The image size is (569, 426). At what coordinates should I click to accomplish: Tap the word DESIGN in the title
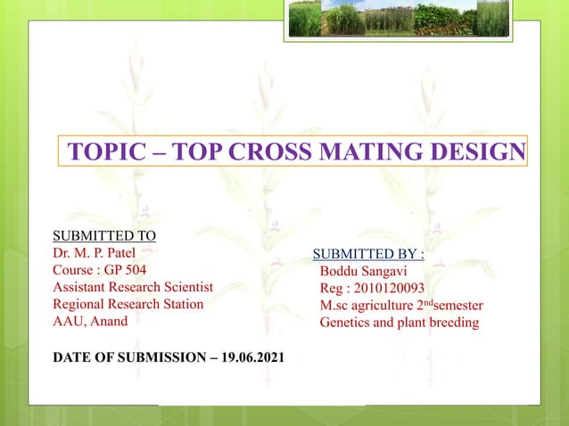point(481,152)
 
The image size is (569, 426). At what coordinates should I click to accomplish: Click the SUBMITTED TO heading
point(104,235)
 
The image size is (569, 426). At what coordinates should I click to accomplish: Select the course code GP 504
point(126,269)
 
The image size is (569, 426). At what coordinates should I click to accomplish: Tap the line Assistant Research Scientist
point(133,286)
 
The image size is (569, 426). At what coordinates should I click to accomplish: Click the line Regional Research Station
point(128,303)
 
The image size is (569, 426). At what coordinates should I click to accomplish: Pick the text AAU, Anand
point(90,320)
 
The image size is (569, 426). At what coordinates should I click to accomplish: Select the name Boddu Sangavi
point(363,271)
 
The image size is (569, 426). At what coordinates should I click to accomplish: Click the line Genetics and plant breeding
point(399,322)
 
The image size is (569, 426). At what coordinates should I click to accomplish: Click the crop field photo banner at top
point(399,19)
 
